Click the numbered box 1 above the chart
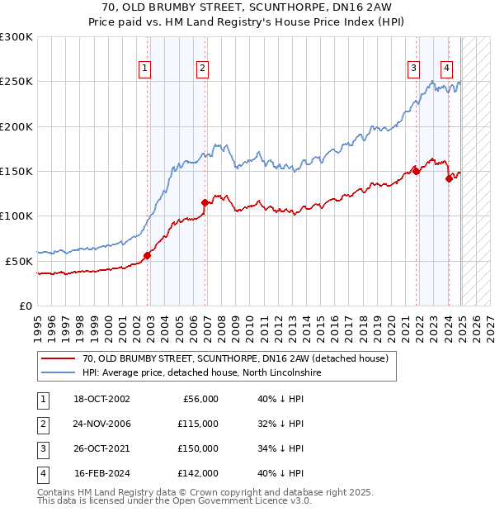click(145, 69)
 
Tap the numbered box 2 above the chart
click(201, 69)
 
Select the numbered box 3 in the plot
click(413, 69)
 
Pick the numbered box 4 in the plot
click(446, 69)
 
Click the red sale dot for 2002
click(148, 255)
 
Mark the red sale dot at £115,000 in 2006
click(204, 202)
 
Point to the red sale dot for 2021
click(417, 172)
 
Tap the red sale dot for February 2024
click(449, 178)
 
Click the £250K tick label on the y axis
click(16, 83)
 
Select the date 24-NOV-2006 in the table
click(101, 424)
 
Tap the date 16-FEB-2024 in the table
click(101, 473)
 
